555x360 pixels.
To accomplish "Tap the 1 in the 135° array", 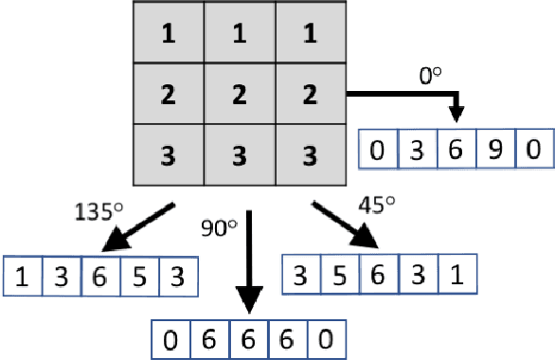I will [21, 279].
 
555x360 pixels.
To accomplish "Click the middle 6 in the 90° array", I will [247, 338].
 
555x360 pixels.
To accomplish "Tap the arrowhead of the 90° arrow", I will [248, 307].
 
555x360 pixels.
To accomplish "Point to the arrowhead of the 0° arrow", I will [456, 115].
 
